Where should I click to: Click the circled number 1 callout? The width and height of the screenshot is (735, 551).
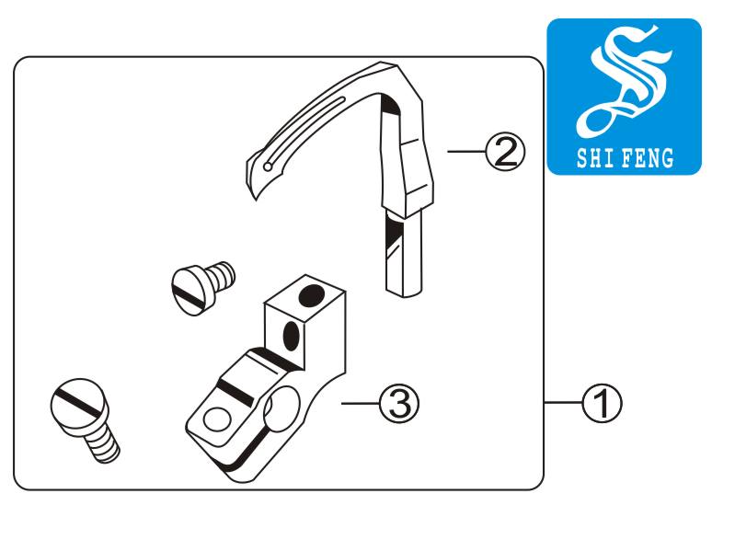pos(602,404)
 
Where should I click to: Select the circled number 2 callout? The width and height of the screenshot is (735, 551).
pos(506,152)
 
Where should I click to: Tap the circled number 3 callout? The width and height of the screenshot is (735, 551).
pos(399,403)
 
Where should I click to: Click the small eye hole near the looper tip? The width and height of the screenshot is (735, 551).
pos(268,166)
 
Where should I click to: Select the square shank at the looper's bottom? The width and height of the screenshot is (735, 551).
pos(403,254)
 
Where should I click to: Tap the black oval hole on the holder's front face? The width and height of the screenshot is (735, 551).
pos(292,336)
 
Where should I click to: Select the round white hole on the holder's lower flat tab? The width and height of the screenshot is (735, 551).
pos(217,419)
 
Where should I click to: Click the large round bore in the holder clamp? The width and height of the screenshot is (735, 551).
pos(282,408)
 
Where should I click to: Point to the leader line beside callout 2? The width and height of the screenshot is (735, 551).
pos(467,152)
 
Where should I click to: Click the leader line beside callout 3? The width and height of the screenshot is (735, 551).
pos(361,403)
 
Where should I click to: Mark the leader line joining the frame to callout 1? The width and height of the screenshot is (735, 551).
pos(563,403)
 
